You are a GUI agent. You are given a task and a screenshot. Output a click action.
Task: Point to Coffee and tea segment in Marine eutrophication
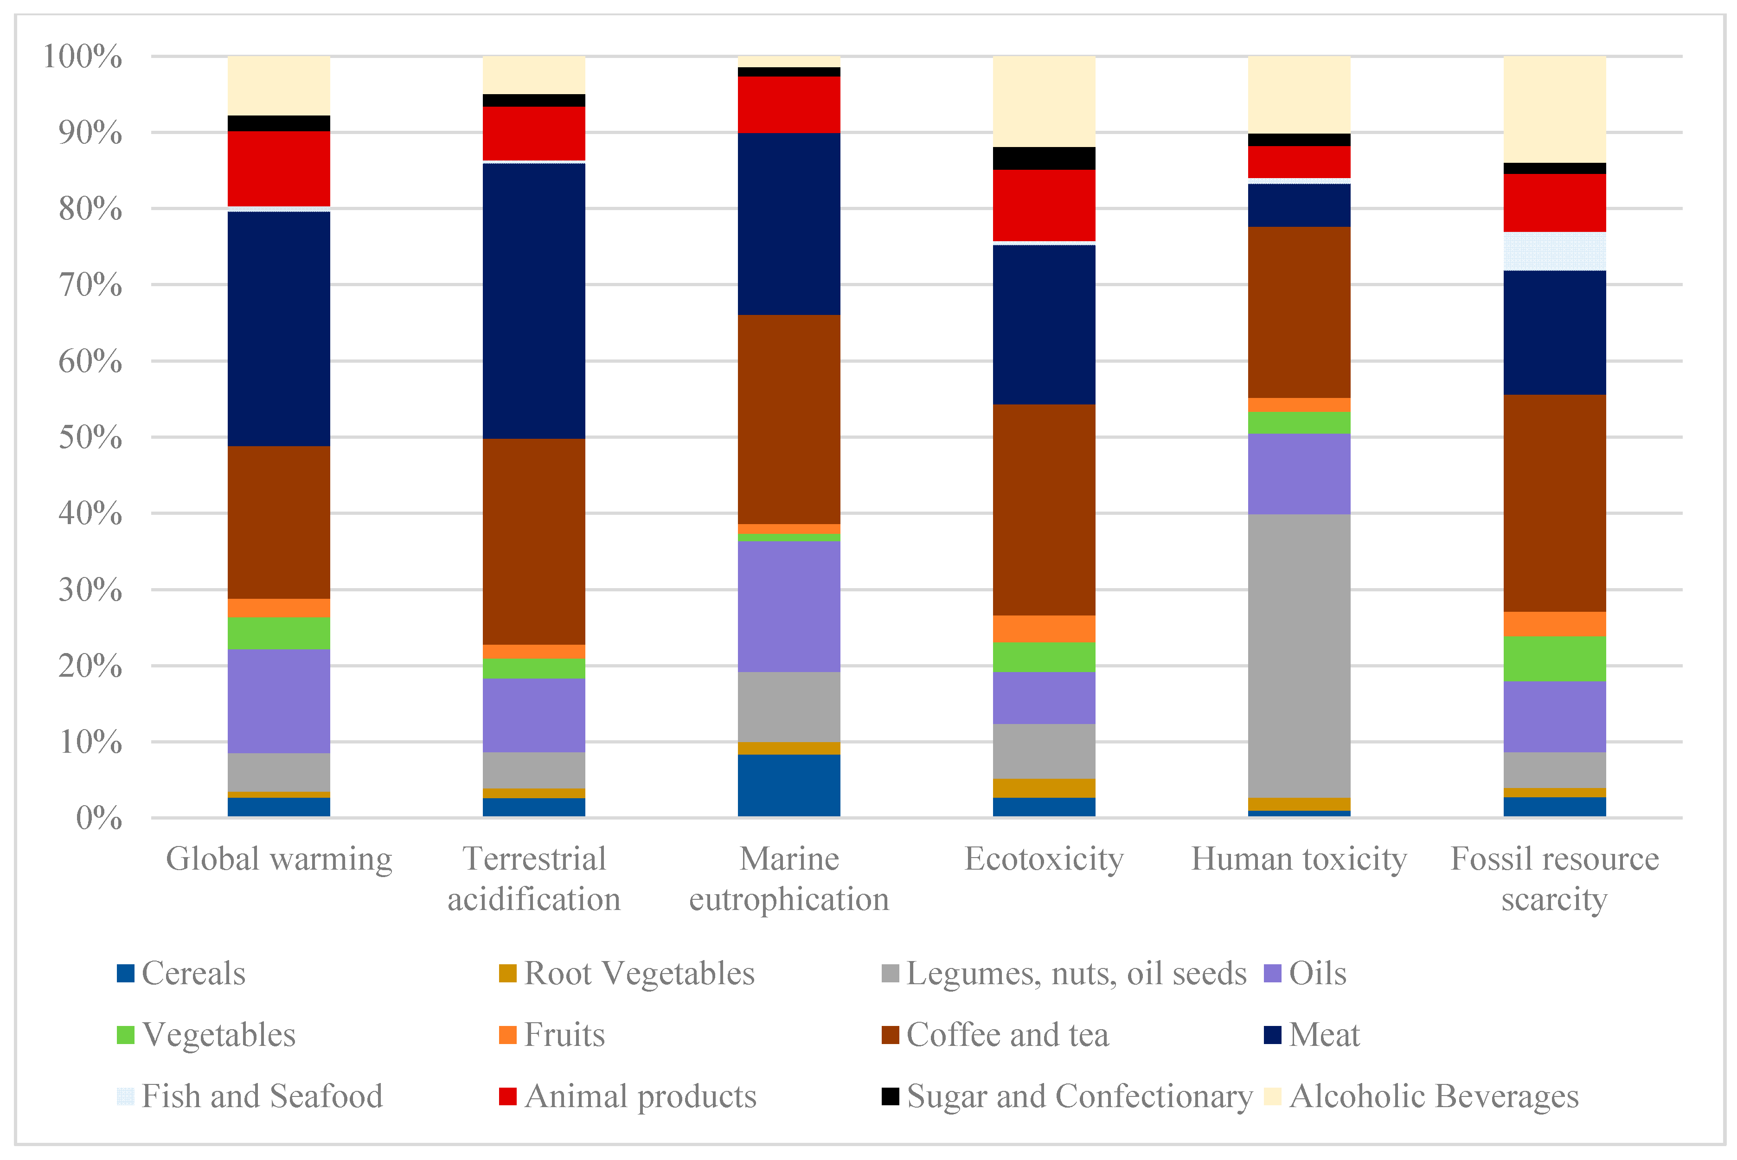pyautogui.click(x=788, y=419)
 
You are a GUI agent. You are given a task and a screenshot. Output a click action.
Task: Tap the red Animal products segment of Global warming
pyautogui.click(x=279, y=169)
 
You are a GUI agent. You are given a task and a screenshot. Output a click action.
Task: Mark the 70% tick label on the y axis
pyautogui.click(x=90, y=285)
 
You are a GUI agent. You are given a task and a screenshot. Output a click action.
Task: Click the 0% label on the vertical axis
pyautogui.click(x=98, y=818)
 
